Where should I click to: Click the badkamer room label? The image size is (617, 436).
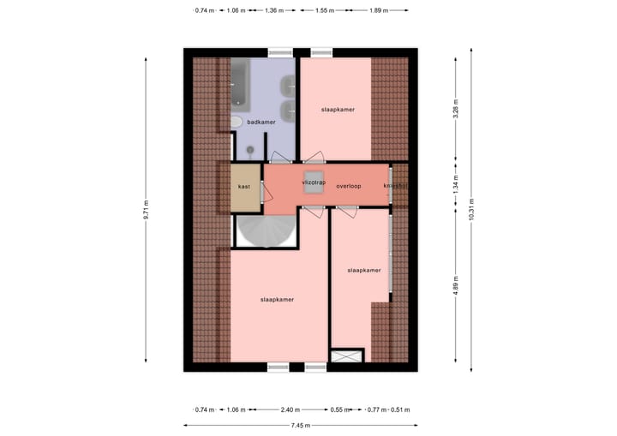(x=261, y=123)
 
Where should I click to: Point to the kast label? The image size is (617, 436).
(x=244, y=186)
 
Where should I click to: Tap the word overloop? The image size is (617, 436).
(x=349, y=186)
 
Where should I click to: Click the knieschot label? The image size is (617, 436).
(x=395, y=186)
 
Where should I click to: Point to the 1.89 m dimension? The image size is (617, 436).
(x=378, y=11)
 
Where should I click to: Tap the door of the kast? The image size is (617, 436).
(x=261, y=186)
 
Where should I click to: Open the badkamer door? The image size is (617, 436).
(x=280, y=158)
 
